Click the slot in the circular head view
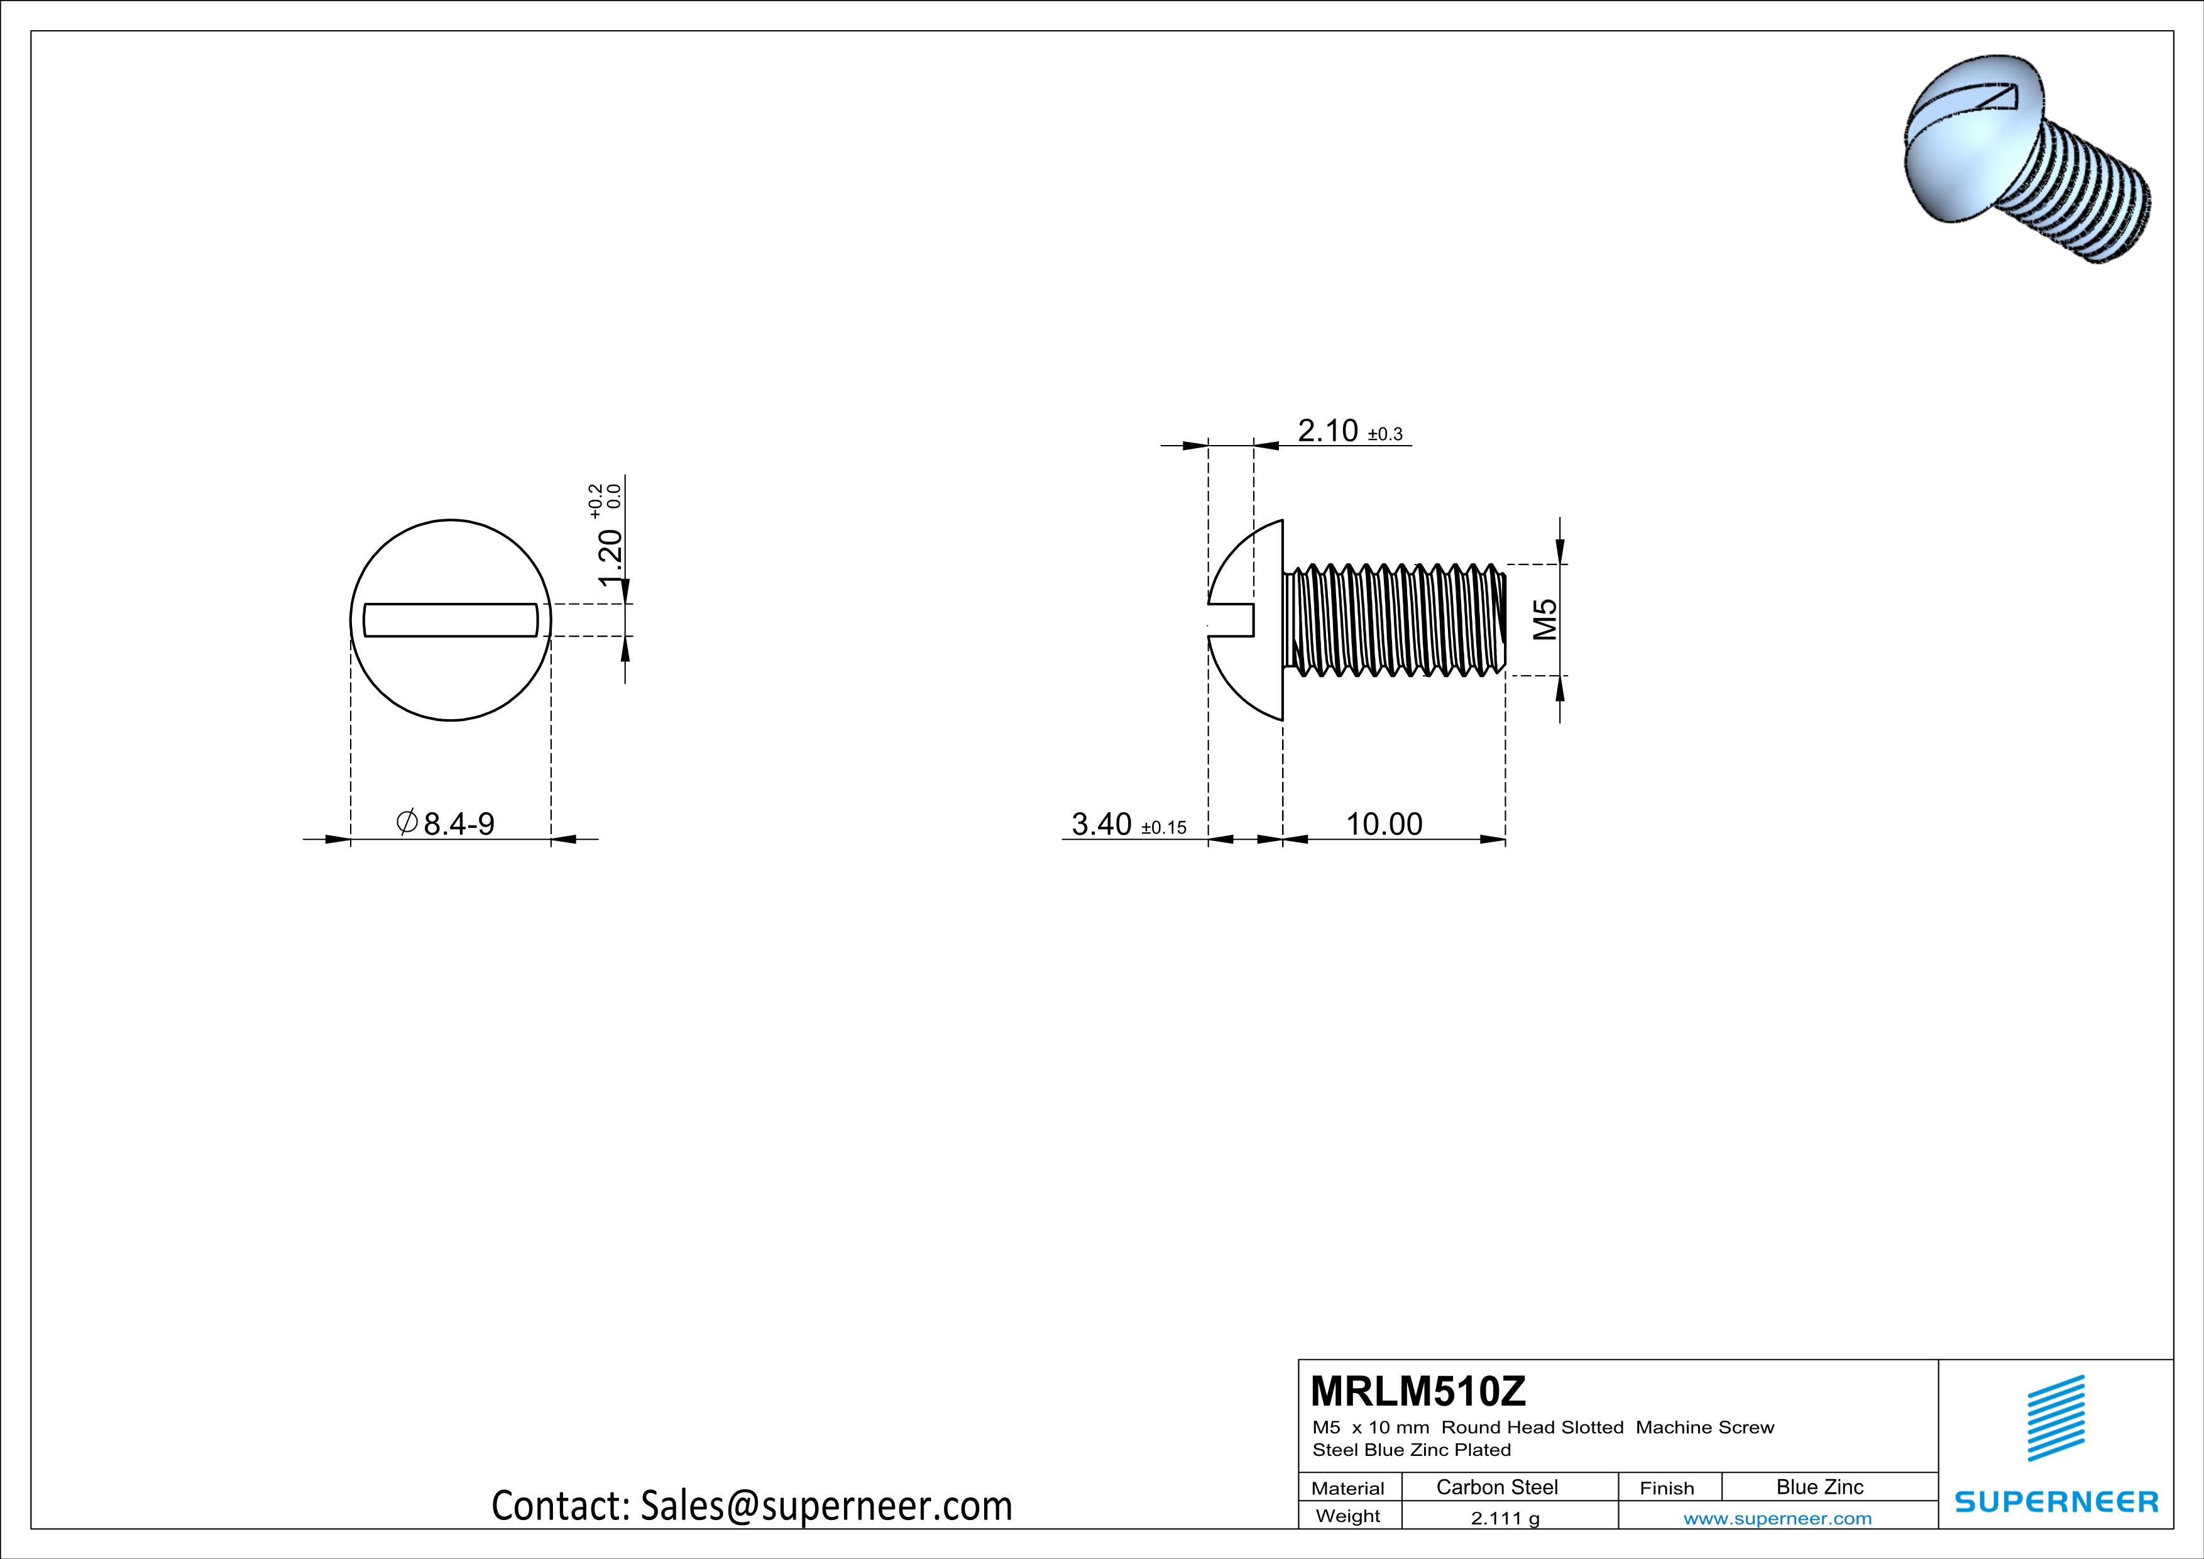pyautogui.click(x=450, y=620)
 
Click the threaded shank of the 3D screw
pyautogui.click(x=2083, y=206)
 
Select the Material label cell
pyautogui.click(x=1348, y=1488)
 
